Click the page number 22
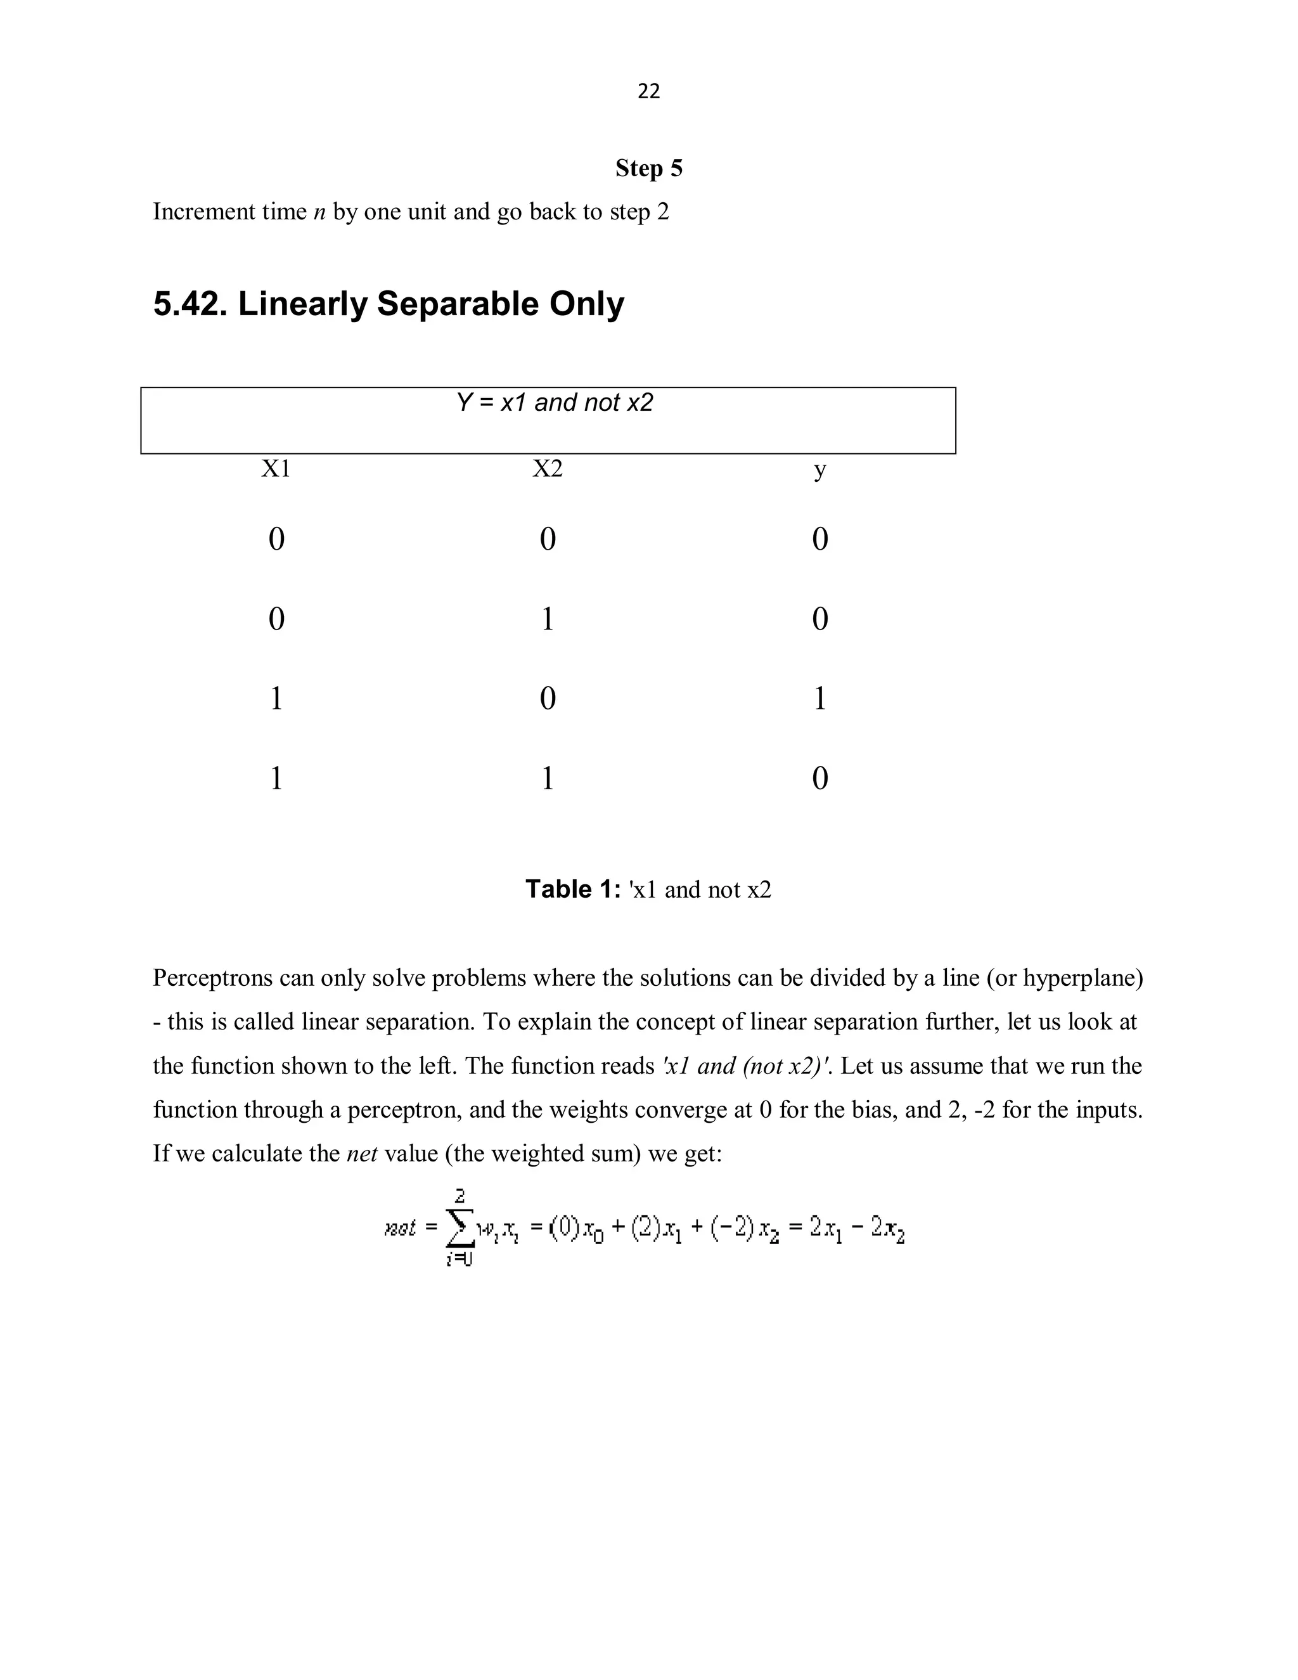click(648, 91)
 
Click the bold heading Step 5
click(648, 169)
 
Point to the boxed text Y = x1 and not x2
click(555, 403)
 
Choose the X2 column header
click(548, 468)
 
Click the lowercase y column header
click(819, 470)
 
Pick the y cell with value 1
click(819, 699)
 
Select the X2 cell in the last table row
click(548, 779)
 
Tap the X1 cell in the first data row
click(276, 538)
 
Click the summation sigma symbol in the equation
click(459, 1229)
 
